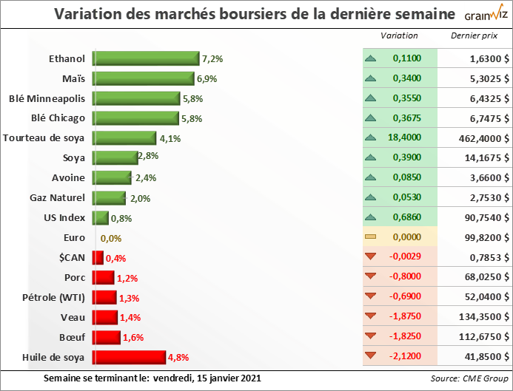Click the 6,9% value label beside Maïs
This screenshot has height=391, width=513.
(x=207, y=78)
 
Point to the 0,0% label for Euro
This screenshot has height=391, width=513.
(x=110, y=239)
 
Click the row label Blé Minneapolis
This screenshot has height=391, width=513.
(x=47, y=98)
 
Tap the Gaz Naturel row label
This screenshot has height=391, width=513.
(x=58, y=198)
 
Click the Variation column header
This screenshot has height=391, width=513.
(x=399, y=35)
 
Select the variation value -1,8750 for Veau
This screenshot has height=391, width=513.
(x=406, y=317)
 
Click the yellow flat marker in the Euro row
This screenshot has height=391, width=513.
(x=370, y=237)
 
